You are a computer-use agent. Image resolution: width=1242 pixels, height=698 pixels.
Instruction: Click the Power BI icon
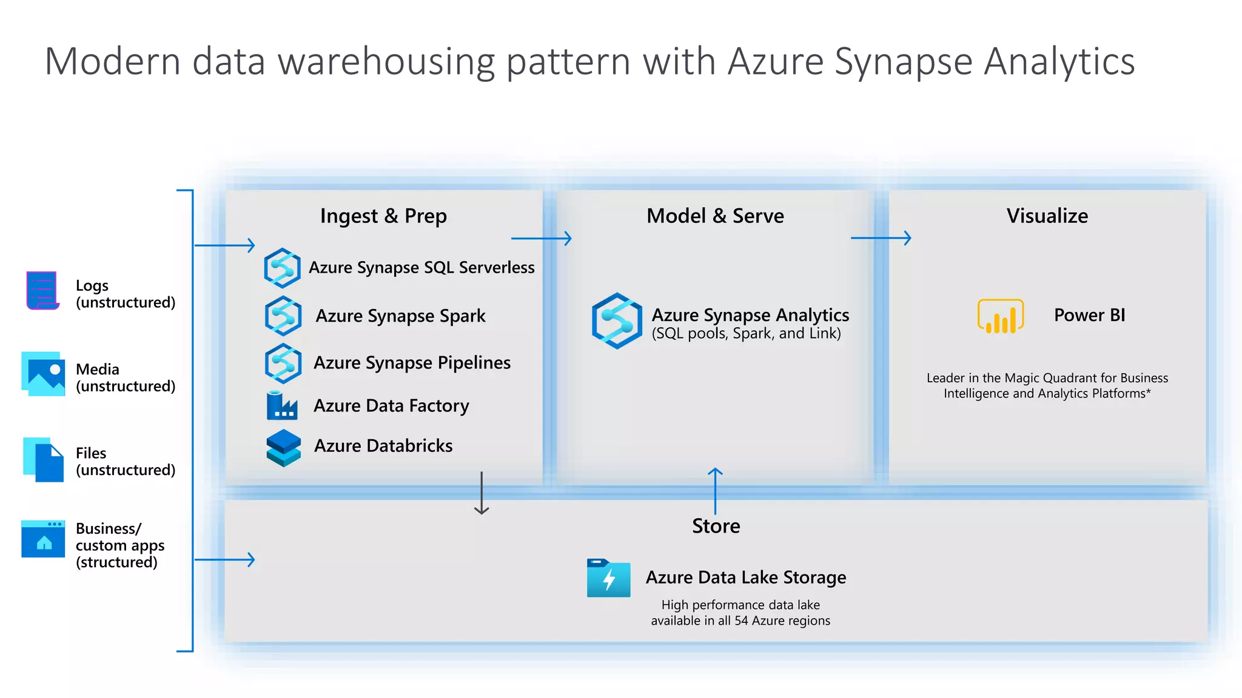pos(1000,316)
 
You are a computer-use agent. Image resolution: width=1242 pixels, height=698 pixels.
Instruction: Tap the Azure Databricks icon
pos(283,448)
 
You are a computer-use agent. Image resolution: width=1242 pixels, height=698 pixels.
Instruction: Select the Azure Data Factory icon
pos(282,406)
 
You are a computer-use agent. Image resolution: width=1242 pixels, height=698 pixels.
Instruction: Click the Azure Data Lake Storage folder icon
pos(608,578)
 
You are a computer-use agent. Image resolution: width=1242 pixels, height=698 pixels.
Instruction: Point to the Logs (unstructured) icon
pos(42,290)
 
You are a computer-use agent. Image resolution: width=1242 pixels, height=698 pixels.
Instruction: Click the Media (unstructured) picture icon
pos(43,374)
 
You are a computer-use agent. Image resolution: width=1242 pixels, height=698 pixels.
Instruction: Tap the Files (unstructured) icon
pos(43,459)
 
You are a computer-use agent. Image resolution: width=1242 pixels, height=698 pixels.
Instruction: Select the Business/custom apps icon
pos(43,539)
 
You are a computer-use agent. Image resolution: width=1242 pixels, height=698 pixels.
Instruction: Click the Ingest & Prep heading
pos(383,216)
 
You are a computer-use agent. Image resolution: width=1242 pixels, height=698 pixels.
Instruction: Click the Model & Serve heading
pos(715,216)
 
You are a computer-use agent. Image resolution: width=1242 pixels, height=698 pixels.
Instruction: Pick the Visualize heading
pos(1047,216)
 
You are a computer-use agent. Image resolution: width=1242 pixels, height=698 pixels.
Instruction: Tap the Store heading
pos(716,526)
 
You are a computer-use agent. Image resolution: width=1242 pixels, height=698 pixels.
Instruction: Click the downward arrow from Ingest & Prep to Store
pos(482,493)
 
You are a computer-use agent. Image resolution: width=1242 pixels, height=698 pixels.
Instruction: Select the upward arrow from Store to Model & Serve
pos(716,490)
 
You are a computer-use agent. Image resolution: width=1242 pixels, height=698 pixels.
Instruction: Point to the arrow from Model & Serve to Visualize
pos(881,238)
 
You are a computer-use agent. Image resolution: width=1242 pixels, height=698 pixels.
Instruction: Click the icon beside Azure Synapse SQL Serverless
pos(282,268)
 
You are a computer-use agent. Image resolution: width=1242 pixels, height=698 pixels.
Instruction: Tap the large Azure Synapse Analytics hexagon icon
pos(617,321)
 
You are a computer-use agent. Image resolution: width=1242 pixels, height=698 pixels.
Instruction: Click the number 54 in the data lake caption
pos(741,620)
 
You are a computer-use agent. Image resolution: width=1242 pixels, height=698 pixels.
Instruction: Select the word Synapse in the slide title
pos(903,62)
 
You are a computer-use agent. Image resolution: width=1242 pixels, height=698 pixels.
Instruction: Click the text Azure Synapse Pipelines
pos(412,363)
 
